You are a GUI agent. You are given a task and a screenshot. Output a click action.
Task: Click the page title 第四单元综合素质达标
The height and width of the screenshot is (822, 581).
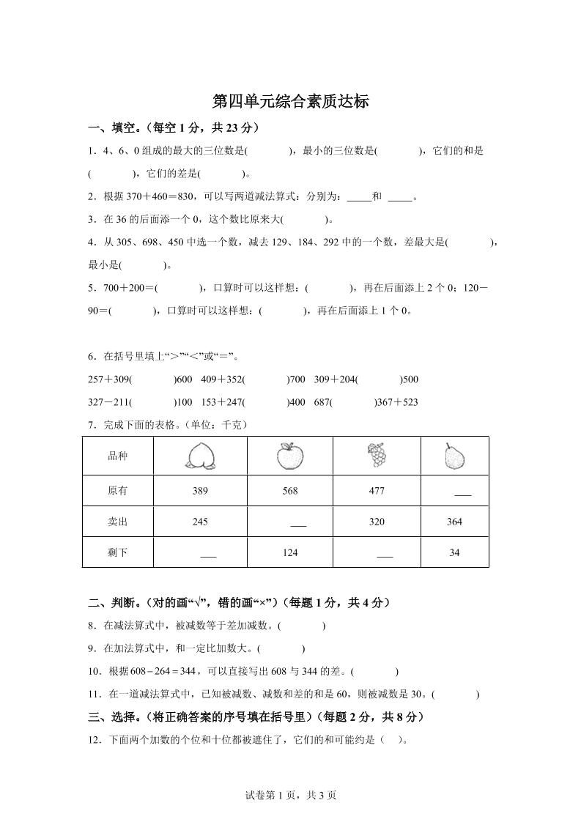coord(290,101)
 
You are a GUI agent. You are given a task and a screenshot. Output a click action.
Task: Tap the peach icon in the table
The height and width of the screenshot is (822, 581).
coord(200,456)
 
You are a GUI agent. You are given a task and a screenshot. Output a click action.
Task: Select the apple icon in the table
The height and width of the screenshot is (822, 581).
coord(289,456)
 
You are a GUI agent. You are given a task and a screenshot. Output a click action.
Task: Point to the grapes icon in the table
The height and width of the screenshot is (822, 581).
coord(377,455)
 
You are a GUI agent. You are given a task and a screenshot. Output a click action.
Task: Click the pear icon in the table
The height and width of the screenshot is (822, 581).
coord(454,456)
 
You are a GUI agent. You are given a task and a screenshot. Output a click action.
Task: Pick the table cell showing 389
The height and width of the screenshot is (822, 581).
coord(200,491)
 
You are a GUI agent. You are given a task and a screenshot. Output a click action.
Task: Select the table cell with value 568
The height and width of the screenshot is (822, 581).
coord(290,491)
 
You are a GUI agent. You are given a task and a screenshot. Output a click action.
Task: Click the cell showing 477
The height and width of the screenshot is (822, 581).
coord(377,491)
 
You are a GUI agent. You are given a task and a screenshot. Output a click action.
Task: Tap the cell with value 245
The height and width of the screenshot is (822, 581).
coord(200,522)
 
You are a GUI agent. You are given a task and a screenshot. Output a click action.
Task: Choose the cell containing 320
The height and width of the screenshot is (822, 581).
coord(377,522)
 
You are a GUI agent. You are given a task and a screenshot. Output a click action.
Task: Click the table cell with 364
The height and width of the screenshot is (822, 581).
coord(454,522)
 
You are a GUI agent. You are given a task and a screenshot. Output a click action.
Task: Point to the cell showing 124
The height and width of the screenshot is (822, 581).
coord(290,552)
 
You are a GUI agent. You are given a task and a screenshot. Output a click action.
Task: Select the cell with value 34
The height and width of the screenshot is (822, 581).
coord(454,552)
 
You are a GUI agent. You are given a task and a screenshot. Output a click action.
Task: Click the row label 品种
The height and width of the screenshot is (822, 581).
coord(117,456)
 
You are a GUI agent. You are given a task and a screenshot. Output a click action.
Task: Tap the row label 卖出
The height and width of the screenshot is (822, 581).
coord(117,522)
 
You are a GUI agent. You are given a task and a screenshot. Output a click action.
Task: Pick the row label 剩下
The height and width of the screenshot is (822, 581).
coord(117,552)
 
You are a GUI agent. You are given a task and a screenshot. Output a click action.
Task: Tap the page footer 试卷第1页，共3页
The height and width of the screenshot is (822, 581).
coord(291,795)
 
